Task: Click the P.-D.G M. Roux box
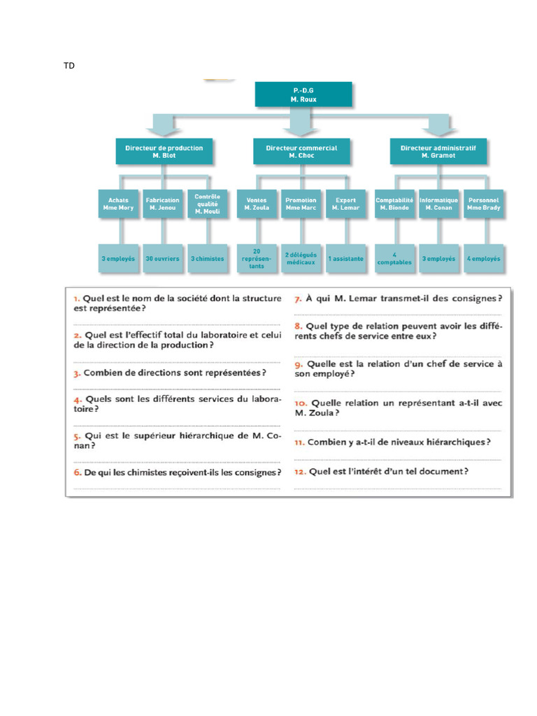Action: [303, 94]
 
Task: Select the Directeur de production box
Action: [164, 151]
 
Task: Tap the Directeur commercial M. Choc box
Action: [301, 151]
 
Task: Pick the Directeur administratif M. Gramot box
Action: [438, 151]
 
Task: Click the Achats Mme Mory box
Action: [118, 203]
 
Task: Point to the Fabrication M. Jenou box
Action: [163, 203]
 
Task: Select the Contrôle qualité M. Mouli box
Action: [207, 203]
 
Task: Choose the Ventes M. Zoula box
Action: [257, 203]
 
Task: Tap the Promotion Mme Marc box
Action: [301, 203]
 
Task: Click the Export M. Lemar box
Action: [345, 203]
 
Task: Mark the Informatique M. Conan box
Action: [439, 203]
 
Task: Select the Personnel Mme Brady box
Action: [484, 203]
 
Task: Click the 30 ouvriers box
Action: [163, 258]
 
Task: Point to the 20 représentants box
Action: [257, 258]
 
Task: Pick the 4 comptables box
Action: [394, 258]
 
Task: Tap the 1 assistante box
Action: [345, 258]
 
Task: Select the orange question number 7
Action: [298, 299]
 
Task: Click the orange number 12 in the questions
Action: [300, 472]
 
